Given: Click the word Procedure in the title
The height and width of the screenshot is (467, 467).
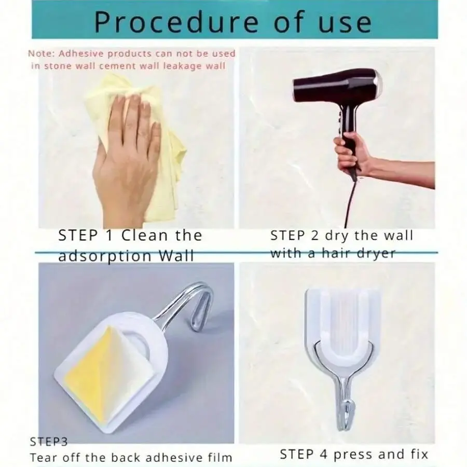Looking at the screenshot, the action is click(x=176, y=22).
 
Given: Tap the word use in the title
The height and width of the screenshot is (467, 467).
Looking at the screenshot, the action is click(x=345, y=23).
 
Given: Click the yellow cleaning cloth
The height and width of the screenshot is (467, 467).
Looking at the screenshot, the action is click(x=137, y=143).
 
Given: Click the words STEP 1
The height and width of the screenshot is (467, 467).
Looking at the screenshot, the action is click(x=86, y=235).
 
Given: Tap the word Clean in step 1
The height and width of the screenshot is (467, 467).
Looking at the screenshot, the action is click(x=145, y=235).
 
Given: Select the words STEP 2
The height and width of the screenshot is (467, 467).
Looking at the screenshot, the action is click(x=295, y=235).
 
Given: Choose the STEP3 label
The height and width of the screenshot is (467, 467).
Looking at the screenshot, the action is click(x=49, y=442).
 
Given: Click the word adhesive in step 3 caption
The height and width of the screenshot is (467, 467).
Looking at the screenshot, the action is click(x=173, y=457).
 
